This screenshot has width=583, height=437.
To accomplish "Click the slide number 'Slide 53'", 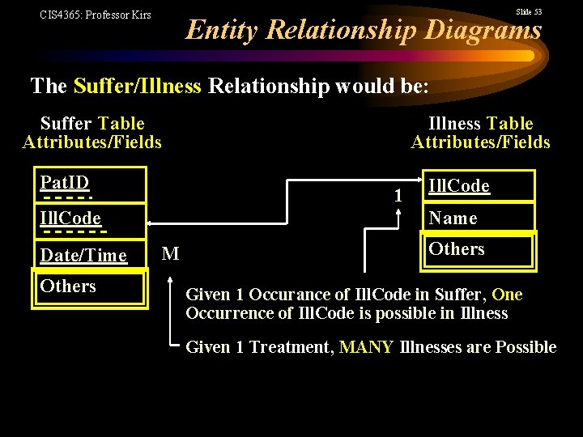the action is click(x=529, y=11).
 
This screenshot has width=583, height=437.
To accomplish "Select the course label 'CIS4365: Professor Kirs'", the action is click(x=95, y=15).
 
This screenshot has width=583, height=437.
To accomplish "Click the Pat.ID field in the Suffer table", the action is click(x=89, y=184).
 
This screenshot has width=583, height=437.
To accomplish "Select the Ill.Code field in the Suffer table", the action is click(x=89, y=218).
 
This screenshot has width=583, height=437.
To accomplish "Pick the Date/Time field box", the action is click(x=89, y=256).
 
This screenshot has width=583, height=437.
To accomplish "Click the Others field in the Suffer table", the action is click(x=89, y=286).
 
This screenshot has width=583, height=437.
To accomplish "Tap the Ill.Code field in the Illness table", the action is click(x=478, y=186).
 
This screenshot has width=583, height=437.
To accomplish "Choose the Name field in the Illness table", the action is click(x=478, y=218).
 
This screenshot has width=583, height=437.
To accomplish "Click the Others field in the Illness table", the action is click(x=478, y=249).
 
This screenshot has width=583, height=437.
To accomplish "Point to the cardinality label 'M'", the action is click(x=170, y=254).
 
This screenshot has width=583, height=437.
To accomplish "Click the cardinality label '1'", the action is click(x=398, y=195).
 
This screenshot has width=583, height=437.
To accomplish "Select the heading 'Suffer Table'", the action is click(x=92, y=124).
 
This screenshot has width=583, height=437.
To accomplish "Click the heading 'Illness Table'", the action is click(x=480, y=124).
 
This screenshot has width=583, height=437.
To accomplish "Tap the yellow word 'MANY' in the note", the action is click(x=367, y=347).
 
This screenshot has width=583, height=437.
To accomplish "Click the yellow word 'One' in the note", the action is click(x=507, y=295).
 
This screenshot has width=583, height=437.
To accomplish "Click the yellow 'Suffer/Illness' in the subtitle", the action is click(x=137, y=86).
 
